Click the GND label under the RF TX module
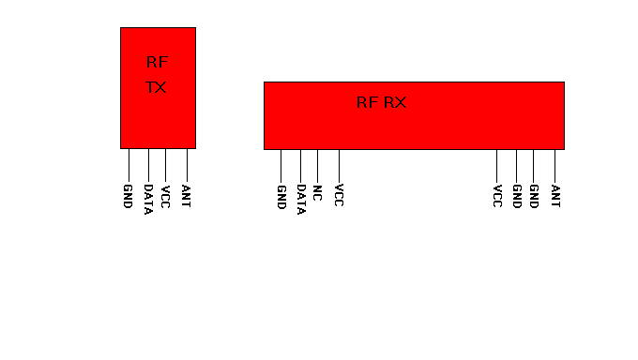(128, 197)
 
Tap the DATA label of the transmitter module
(148, 200)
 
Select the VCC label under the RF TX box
(165, 197)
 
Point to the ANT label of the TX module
(187, 197)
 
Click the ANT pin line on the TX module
(187, 164)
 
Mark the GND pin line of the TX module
(129, 164)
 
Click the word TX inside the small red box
(157, 88)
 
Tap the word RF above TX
(157, 63)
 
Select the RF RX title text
(382, 103)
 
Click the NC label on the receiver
(317, 193)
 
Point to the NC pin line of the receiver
(317, 164)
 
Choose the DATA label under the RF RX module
(300, 200)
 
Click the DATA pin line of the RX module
(300, 164)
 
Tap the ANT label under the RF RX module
(555, 197)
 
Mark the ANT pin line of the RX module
(554, 164)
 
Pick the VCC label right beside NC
(339, 197)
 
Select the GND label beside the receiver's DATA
(281, 197)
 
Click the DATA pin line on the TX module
(148, 164)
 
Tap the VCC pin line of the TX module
(165, 164)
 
